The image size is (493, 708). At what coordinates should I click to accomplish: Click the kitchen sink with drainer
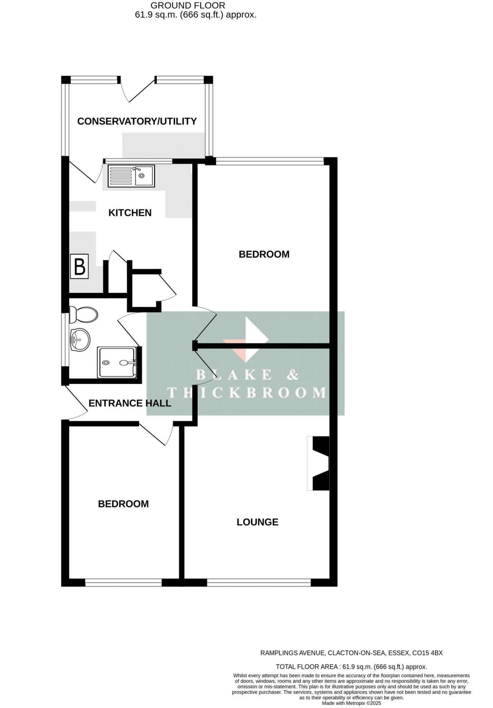coord(131,176)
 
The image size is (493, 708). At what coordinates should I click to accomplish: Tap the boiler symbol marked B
coord(79,267)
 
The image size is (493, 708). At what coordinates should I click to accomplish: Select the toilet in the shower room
coord(83,315)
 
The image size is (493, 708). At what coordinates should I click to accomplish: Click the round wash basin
coord(80,340)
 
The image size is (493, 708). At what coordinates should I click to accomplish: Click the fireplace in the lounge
coord(319,463)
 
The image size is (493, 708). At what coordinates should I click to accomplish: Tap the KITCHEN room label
coord(130,213)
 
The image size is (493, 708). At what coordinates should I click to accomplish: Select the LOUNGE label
coord(257,522)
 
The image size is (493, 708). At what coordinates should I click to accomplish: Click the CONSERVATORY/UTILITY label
coord(137,121)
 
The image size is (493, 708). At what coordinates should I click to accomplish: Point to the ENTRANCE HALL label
coord(130,403)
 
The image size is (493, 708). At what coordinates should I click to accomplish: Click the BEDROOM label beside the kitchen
coord(264,254)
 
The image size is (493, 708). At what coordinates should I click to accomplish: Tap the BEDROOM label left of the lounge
coord(123,504)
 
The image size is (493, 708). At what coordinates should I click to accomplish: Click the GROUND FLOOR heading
coord(188,6)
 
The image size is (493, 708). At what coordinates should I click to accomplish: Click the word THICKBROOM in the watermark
coord(247,393)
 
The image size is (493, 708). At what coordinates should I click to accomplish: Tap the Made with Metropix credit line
coord(351,703)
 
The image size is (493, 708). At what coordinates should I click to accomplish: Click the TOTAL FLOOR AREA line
coord(351,667)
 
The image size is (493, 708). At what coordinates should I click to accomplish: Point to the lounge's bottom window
coord(259,584)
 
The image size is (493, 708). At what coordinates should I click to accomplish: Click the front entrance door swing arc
coord(77,403)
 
